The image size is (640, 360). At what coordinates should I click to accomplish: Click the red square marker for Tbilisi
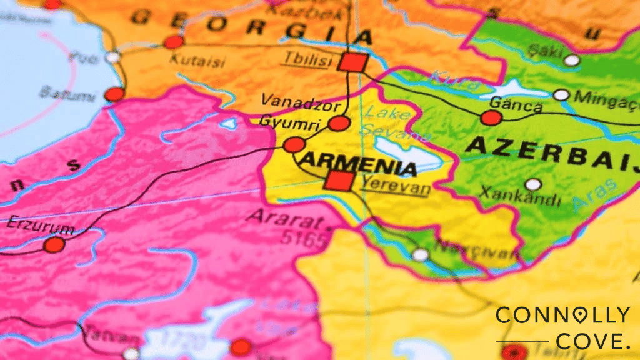pyautogui.click(x=353, y=62)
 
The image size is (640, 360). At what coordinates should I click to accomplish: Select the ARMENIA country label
pyautogui.click(x=357, y=164)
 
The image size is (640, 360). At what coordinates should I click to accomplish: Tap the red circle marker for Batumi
pyautogui.click(x=114, y=94)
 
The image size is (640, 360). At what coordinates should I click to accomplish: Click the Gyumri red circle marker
pyautogui.click(x=294, y=145)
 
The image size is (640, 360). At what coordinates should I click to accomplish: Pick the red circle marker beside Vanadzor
pyautogui.click(x=339, y=123)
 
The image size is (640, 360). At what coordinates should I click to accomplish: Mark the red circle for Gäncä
pyautogui.click(x=491, y=117)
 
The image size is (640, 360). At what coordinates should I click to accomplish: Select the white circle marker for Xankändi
pyautogui.click(x=533, y=184)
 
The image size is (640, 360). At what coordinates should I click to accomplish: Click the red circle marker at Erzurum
pyautogui.click(x=54, y=244)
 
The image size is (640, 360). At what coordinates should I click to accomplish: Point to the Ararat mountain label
pyautogui.click(x=287, y=218)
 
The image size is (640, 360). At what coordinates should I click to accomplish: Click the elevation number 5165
pyautogui.click(x=304, y=237)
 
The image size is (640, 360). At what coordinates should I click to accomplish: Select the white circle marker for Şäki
pyautogui.click(x=571, y=60)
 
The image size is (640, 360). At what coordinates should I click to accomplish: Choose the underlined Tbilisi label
pyautogui.click(x=306, y=59)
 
